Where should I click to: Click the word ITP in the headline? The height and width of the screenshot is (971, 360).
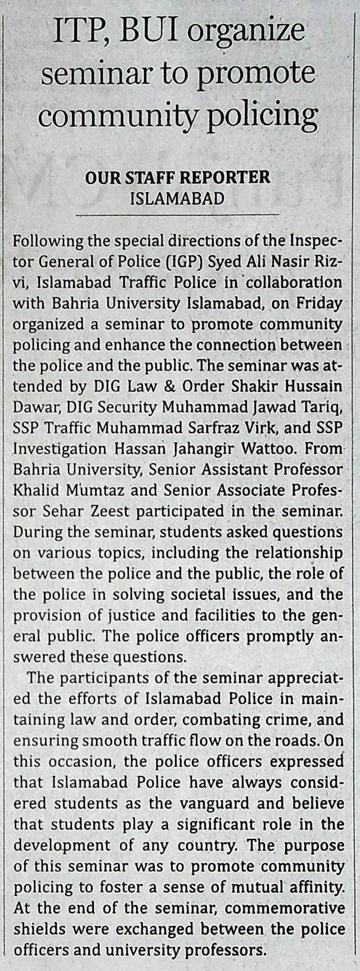point(77,33)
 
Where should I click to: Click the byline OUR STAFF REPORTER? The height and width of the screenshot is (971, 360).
point(178,178)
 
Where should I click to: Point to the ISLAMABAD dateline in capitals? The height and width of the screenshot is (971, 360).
point(177,198)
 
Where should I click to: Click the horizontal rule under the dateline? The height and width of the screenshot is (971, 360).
point(177,215)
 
